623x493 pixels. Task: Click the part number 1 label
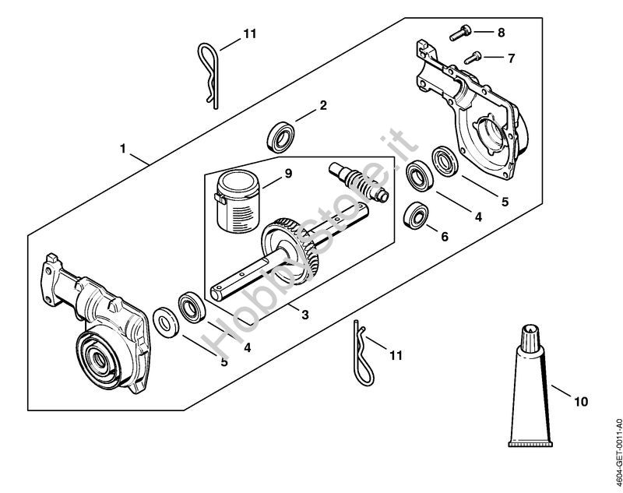click(x=122, y=147)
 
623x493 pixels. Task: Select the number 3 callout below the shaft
click(x=305, y=315)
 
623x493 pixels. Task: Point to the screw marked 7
click(x=473, y=55)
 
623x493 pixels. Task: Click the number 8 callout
click(x=501, y=33)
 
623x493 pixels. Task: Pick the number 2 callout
click(x=322, y=104)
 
